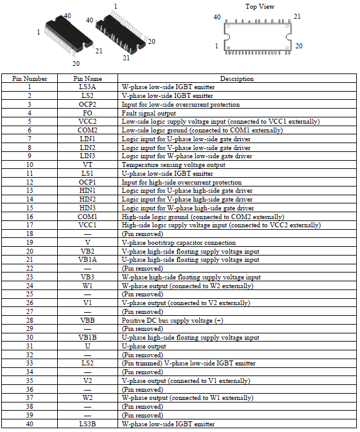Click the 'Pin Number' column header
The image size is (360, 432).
click(x=30, y=78)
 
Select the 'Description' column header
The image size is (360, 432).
click(x=237, y=78)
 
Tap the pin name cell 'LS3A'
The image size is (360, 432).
click(x=87, y=87)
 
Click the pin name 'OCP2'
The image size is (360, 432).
click(x=87, y=104)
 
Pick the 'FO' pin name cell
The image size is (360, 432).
click(x=87, y=113)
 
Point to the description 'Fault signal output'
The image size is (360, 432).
click(x=149, y=113)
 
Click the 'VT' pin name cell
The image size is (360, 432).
click(x=87, y=165)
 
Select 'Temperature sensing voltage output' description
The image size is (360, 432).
click(x=173, y=165)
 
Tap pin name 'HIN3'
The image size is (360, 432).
click(x=87, y=208)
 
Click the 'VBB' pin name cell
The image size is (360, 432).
click(x=87, y=320)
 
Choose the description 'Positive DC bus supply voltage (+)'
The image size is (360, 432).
click(x=173, y=320)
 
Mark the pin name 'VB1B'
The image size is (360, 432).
click(x=87, y=337)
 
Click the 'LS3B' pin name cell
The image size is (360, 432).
click(x=87, y=424)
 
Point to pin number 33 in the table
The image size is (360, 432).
click(x=30, y=363)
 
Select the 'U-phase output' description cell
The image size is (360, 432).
click(x=144, y=347)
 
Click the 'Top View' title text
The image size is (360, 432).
click(x=260, y=7)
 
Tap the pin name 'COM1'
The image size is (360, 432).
click(x=87, y=217)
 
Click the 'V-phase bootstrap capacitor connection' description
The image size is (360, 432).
click(x=178, y=243)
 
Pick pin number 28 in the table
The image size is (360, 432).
click(x=30, y=320)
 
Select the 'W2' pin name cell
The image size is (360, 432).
click(x=87, y=397)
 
